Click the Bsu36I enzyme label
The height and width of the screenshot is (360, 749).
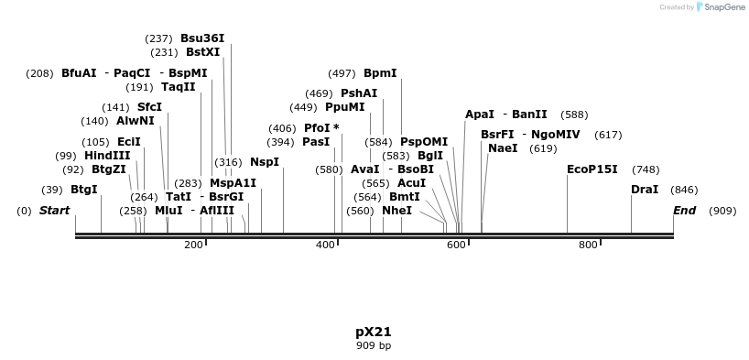[x=202, y=38]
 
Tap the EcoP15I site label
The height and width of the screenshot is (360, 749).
[x=592, y=169]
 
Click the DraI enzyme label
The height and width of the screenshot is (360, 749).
[x=646, y=190]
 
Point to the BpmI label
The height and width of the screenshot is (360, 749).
[x=380, y=73]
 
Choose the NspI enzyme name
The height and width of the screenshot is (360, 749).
[x=265, y=162]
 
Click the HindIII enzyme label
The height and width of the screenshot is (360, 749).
[x=107, y=156]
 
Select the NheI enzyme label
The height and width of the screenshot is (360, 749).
[x=396, y=211]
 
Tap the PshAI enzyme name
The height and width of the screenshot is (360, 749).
[x=359, y=93]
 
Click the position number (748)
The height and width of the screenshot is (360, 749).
[x=646, y=169]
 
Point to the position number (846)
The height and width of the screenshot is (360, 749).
[x=684, y=190]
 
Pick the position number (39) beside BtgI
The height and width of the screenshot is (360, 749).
[x=52, y=190]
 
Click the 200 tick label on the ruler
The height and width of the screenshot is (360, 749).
[x=193, y=245]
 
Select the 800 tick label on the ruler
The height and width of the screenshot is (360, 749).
[x=588, y=245]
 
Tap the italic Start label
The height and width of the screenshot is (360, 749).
[x=54, y=211]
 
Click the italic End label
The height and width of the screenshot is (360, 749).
[x=684, y=211]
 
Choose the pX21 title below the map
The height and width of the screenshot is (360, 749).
[x=374, y=331]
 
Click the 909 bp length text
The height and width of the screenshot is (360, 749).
[x=374, y=345]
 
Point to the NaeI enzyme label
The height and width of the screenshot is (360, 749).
[x=503, y=148]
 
